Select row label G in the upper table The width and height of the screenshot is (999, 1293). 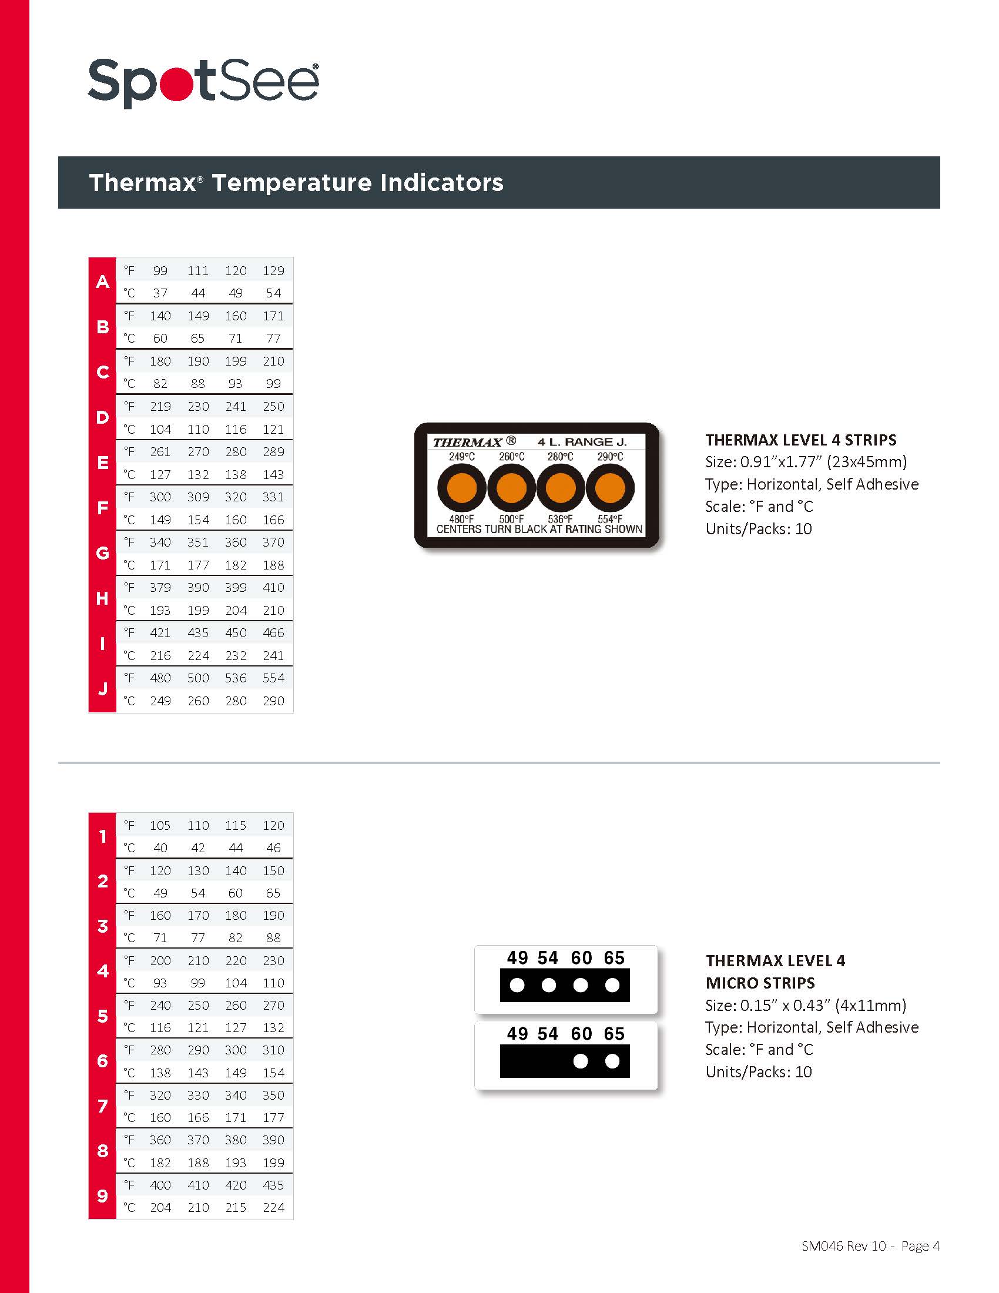tap(102, 553)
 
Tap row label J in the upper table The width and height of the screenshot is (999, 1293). tap(102, 689)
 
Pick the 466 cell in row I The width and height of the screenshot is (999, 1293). tap(273, 633)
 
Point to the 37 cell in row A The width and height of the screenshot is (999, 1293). tap(160, 293)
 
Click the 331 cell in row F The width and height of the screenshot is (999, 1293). tap(273, 497)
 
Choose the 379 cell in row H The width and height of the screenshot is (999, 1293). tap(160, 588)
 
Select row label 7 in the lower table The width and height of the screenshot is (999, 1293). tap(102, 1106)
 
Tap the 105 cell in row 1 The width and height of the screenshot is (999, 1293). tap(160, 825)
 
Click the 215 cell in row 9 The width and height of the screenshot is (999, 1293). tap(236, 1207)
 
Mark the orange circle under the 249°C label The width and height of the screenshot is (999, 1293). tap(462, 488)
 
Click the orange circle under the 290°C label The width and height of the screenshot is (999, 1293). tap(610, 488)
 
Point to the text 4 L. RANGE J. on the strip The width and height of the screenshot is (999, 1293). tap(582, 441)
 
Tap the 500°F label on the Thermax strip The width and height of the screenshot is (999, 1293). tap(511, 519)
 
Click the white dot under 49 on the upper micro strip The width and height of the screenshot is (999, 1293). tap(517, 985)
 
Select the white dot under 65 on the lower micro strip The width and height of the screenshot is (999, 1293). tap(612, 1061)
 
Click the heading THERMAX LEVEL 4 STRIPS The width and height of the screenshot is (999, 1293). tap(801, 440)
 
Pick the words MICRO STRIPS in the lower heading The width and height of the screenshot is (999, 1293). tap(760, 983)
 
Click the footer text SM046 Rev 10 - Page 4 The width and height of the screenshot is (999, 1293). tap(870, 1246)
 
